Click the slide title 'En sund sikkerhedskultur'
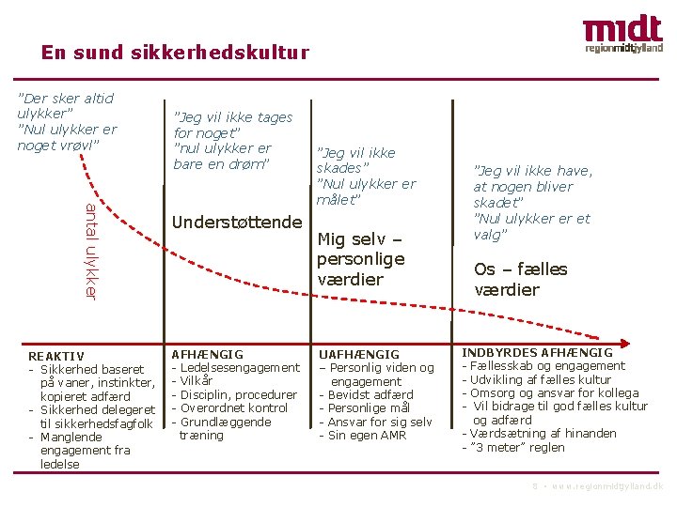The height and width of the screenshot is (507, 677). (x=175, y=53)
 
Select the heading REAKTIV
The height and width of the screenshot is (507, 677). (x=55, y=356)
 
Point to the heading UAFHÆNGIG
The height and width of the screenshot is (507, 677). (x=359, y=354)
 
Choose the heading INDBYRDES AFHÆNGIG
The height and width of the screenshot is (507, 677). (x=537, y=352)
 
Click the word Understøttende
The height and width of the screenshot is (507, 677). (x=238, y=222)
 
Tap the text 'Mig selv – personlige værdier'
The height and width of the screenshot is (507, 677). (x=361, y=258)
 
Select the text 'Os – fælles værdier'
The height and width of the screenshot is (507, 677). (x=521, y=279)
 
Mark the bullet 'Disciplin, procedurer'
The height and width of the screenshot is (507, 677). (x=238, y=394)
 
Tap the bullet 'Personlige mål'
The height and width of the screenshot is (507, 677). (x=369, y=408)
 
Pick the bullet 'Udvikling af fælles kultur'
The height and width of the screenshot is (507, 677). (x=541, y=379)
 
